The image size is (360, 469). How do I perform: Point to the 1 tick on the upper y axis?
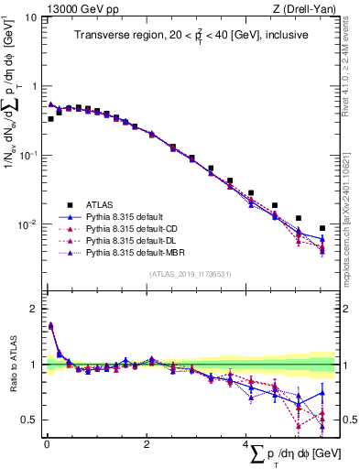34,86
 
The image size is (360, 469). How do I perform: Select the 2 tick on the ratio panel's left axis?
34,309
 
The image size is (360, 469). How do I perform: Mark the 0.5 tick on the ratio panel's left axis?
30,420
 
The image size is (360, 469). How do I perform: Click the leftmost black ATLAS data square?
50,119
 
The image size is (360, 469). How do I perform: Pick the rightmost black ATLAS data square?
322,228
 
